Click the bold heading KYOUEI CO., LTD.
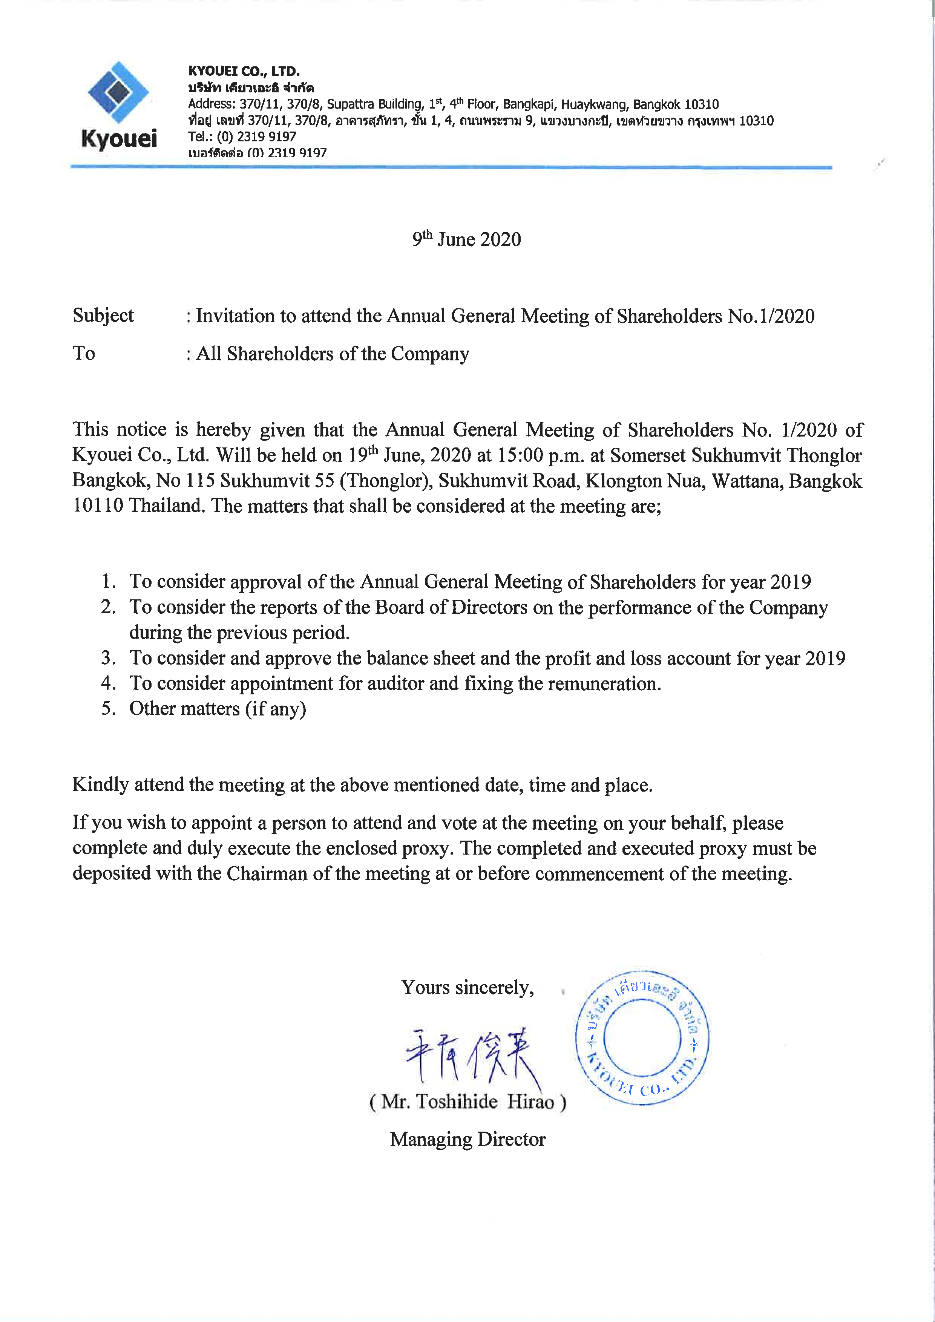[x=244, y=71]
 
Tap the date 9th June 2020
[x=466, y=239]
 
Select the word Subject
[x=103, y=316]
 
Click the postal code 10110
[x=97, y=506]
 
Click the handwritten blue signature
[x=472, y=1053]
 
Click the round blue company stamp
[x=642, y=1037]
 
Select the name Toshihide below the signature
[x=457, y=1101]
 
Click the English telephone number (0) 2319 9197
[x=256, y=137]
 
